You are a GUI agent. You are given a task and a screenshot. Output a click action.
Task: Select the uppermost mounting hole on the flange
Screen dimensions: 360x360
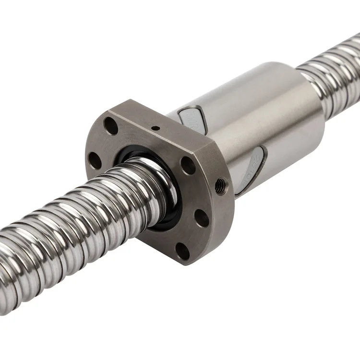point(111,126)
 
